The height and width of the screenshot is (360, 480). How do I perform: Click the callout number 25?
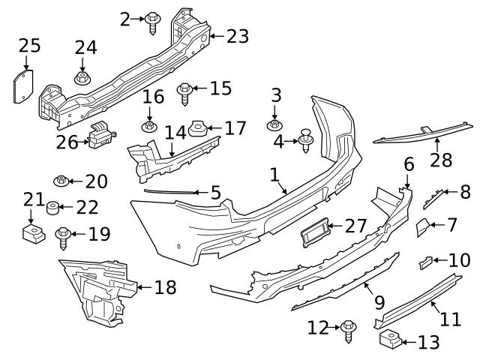[29, 46]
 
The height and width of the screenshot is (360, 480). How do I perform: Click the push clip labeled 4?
[306, 139]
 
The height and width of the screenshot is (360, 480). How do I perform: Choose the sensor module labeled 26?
[101, 137]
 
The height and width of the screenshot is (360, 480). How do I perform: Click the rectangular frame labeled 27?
[315, 232]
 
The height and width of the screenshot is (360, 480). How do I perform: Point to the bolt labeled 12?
[349, 329]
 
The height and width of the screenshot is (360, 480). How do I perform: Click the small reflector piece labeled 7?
[423, 226]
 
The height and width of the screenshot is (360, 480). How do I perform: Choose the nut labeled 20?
[61, 181]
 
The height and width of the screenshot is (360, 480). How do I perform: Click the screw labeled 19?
[62, 238]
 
